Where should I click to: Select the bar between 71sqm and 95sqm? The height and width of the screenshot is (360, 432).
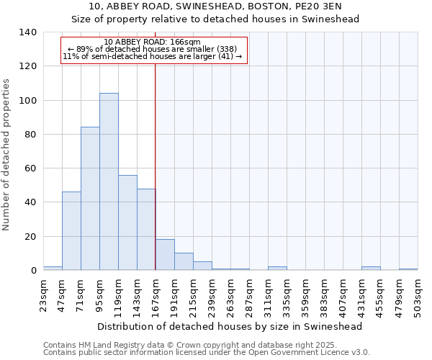pyautogui.click(x=90, y=199)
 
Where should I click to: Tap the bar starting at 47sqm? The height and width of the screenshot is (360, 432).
pyautogui.click(x=71, y=230)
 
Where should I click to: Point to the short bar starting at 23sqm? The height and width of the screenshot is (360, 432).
pyautogui.click(x=53, y=268)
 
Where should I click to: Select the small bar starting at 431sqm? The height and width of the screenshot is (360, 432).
pyautogui.click(x=371, y=268)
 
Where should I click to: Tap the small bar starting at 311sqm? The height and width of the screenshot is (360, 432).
pyautogui.click(x=277, y=268)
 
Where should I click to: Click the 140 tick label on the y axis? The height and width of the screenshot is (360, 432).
pyautogui.click(x=27, y=32)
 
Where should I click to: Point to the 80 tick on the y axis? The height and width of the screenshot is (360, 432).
pyautogui.click(x=30, y=135)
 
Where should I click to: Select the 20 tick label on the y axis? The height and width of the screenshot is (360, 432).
pyautogui.click(x=30, y=237)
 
